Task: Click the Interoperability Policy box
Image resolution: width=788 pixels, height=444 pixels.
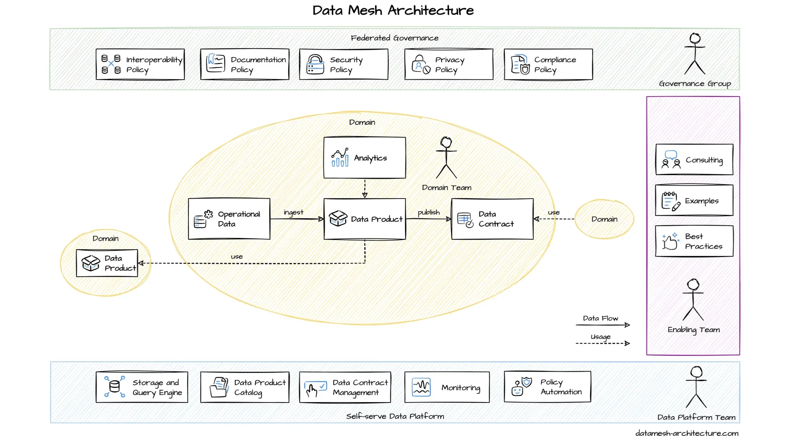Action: pos(140,64)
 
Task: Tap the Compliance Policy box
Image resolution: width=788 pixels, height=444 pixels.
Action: pos(548,64)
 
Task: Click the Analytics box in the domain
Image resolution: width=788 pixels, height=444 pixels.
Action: pos(364,158)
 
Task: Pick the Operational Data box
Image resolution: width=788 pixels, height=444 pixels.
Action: pos(229,219)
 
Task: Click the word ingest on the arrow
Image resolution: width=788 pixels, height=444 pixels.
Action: pos(293,212)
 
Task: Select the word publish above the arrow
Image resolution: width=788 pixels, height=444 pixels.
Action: pos(428,212)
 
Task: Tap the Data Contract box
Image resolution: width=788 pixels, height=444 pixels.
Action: pos(492,219)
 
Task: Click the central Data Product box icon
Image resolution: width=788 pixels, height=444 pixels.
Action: pos(338,219)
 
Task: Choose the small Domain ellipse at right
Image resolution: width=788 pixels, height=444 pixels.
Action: pos(604,219)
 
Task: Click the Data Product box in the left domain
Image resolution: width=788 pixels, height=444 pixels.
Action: pos(107,263)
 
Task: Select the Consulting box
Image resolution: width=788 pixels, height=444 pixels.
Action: pos(694,160)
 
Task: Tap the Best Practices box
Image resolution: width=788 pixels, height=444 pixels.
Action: pos(694,241)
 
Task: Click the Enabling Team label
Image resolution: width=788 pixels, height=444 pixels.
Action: pos(694,330)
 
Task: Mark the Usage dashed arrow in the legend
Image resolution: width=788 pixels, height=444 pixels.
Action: pos(602,343)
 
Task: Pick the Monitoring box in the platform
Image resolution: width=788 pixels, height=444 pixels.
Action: pos(447,387)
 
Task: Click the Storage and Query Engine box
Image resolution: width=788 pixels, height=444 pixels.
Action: pos(142,387)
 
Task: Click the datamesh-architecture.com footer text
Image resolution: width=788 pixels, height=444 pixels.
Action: pos(687,433)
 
